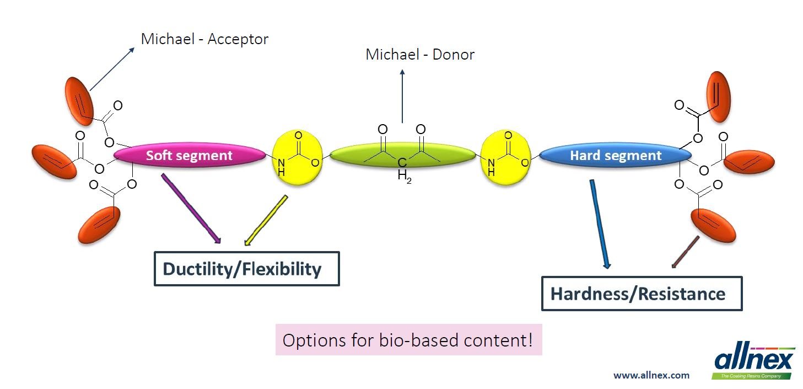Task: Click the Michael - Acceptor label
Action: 204,39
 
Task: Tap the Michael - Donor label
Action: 420,55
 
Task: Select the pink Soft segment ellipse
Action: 189,156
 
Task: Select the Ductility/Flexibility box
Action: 246,269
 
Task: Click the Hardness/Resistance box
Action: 642,294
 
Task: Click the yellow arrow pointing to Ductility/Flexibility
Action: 266,220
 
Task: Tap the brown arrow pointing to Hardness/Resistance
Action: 685,252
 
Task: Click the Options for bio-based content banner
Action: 408,339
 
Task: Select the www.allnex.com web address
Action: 651,375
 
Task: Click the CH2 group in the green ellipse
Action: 403,169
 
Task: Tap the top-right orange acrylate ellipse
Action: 719,97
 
